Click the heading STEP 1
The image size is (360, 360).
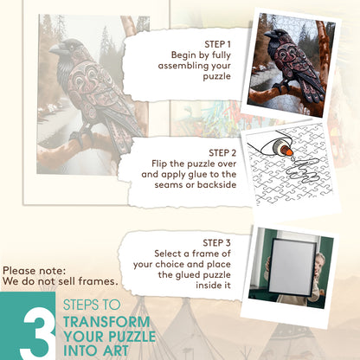217,44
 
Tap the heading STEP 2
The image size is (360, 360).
222,153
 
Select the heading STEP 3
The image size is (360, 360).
216,243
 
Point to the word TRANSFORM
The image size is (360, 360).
106,322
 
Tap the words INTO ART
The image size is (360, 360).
96,350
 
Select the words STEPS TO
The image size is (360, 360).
92,305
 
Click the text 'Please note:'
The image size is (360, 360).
35,271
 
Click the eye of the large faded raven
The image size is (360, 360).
71,47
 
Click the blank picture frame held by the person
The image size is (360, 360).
291,267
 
